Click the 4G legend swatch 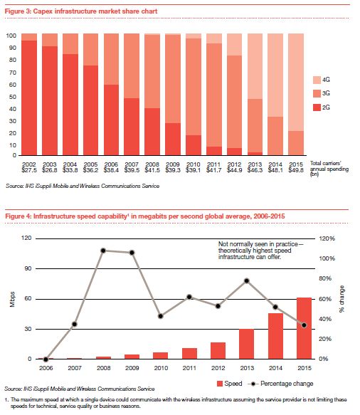[317, 80]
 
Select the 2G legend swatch [317, 107]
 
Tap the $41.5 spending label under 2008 [152, 170]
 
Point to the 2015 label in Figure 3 [296, 164]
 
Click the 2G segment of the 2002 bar [29, 98]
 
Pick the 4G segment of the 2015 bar [296, 83]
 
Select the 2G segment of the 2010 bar [194, 145]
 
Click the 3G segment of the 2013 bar [255, 126]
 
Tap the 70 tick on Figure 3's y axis [13, 73]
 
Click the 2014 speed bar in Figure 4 [275, 336]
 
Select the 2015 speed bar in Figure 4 [305, 328]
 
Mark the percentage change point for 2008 [103, 251]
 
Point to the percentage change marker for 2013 [247, 280]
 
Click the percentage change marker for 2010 [161, 316]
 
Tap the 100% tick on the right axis [327, 258]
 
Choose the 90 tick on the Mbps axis [28, 268]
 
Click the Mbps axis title [12, 300]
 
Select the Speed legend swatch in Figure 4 [220, 384]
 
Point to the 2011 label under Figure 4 [189, 368]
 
